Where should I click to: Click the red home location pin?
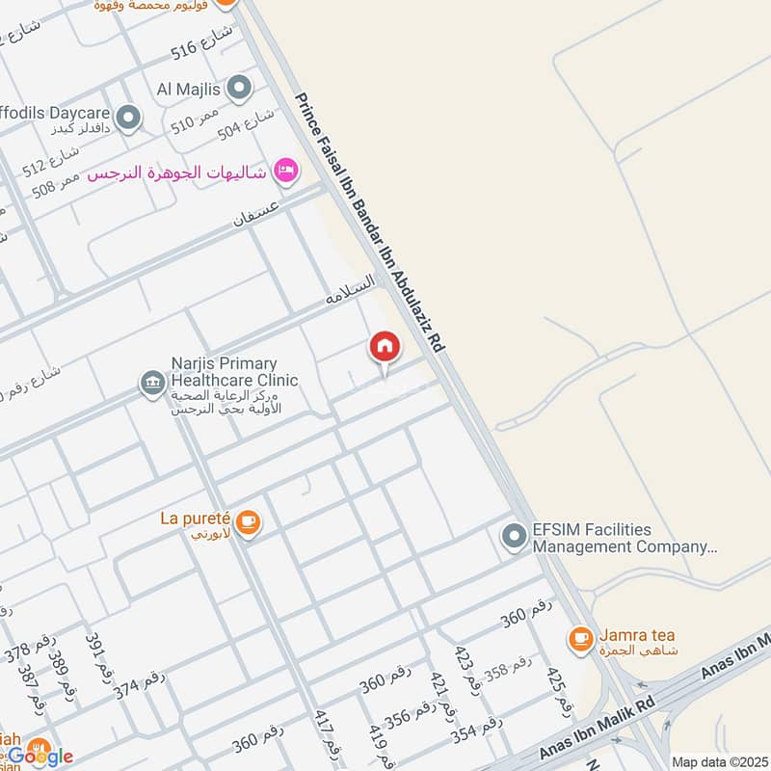click(x=385, y=347)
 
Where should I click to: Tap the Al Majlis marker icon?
click(x=240, y=90)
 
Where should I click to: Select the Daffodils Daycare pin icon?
click(x=129, y=120)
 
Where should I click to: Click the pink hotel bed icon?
click(x=285, y=172)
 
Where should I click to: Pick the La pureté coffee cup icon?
click(x=249, y=522)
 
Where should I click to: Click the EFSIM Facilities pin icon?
click(x=514, y=537)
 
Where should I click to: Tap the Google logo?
click(x=40, y=757)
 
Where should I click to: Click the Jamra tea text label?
click(x=637, y=635)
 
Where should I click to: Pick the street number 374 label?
click(x=140, y=685)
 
